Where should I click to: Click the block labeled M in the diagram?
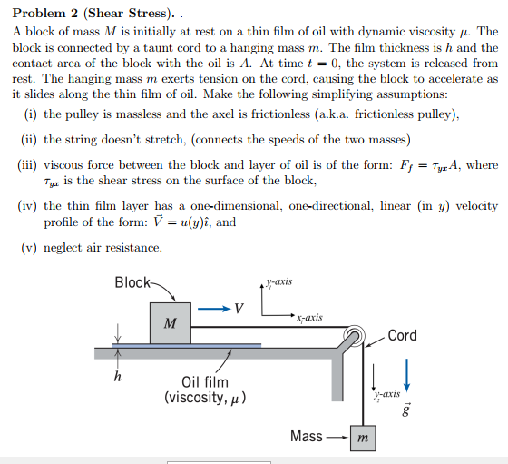click(170, 321)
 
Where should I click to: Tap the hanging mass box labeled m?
click(365, 437)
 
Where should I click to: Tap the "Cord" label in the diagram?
click(402, 336)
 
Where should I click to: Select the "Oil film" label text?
click(205, 382)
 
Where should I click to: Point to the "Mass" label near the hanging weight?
click(307, 437)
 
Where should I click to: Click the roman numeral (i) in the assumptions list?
click(29, 114)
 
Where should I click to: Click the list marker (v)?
click(27, 248)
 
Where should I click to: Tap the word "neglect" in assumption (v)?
click(65, 248)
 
